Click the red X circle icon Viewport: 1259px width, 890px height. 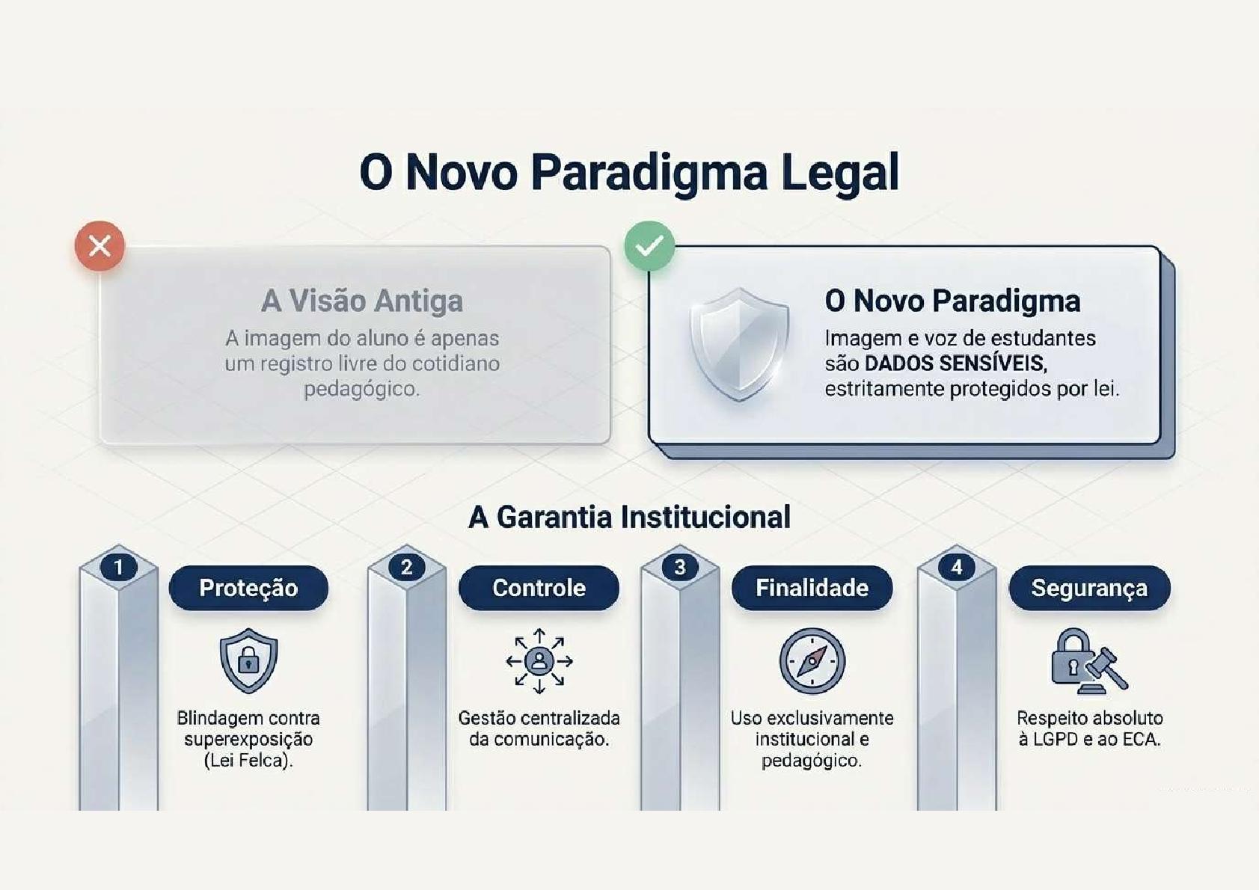pos(99,246)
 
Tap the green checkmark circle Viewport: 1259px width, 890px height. pos(649,246)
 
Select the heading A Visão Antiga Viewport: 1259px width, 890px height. pos(362,301)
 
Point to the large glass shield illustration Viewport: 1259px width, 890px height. pos(739,344)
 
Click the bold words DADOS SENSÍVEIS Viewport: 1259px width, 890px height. pos(955,363)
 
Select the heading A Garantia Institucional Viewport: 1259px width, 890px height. pos(630,517)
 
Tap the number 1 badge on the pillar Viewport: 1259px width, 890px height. pos(119,568)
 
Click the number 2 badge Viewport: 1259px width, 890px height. pos(407,568)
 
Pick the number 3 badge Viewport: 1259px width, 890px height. pos(680,568)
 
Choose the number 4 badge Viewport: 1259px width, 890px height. pos(957,568)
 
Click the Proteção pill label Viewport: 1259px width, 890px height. pos(248,588)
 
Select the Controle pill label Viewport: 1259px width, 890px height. pos(539,588)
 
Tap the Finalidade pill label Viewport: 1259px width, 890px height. pos(812,588)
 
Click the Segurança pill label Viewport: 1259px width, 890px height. pos(1089,588)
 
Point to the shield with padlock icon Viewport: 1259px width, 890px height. pos(248,660)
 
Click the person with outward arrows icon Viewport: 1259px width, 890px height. pos(539,660)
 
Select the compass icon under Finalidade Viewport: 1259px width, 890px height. pos(812,660)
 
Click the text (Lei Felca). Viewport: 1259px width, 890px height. pos(248,761)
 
